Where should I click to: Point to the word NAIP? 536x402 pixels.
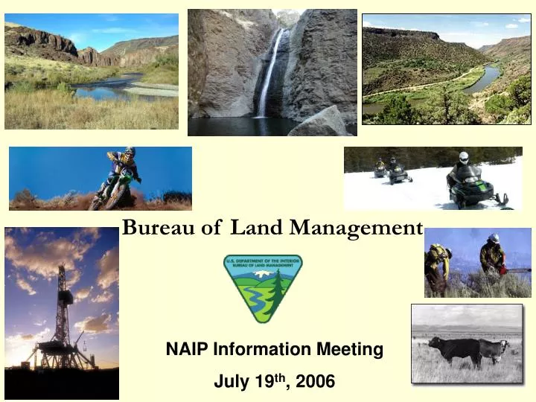pyautogui.click(x=188, y=348)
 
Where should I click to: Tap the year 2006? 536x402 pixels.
pyautogui.click(x=315, y=382)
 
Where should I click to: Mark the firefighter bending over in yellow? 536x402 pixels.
pyautogui.click(x=436, y=264)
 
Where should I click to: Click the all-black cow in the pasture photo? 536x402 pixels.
pyautogui.click(x=455, y=348)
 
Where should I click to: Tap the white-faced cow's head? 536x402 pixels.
pyautogui.click(x=503, y=346)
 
